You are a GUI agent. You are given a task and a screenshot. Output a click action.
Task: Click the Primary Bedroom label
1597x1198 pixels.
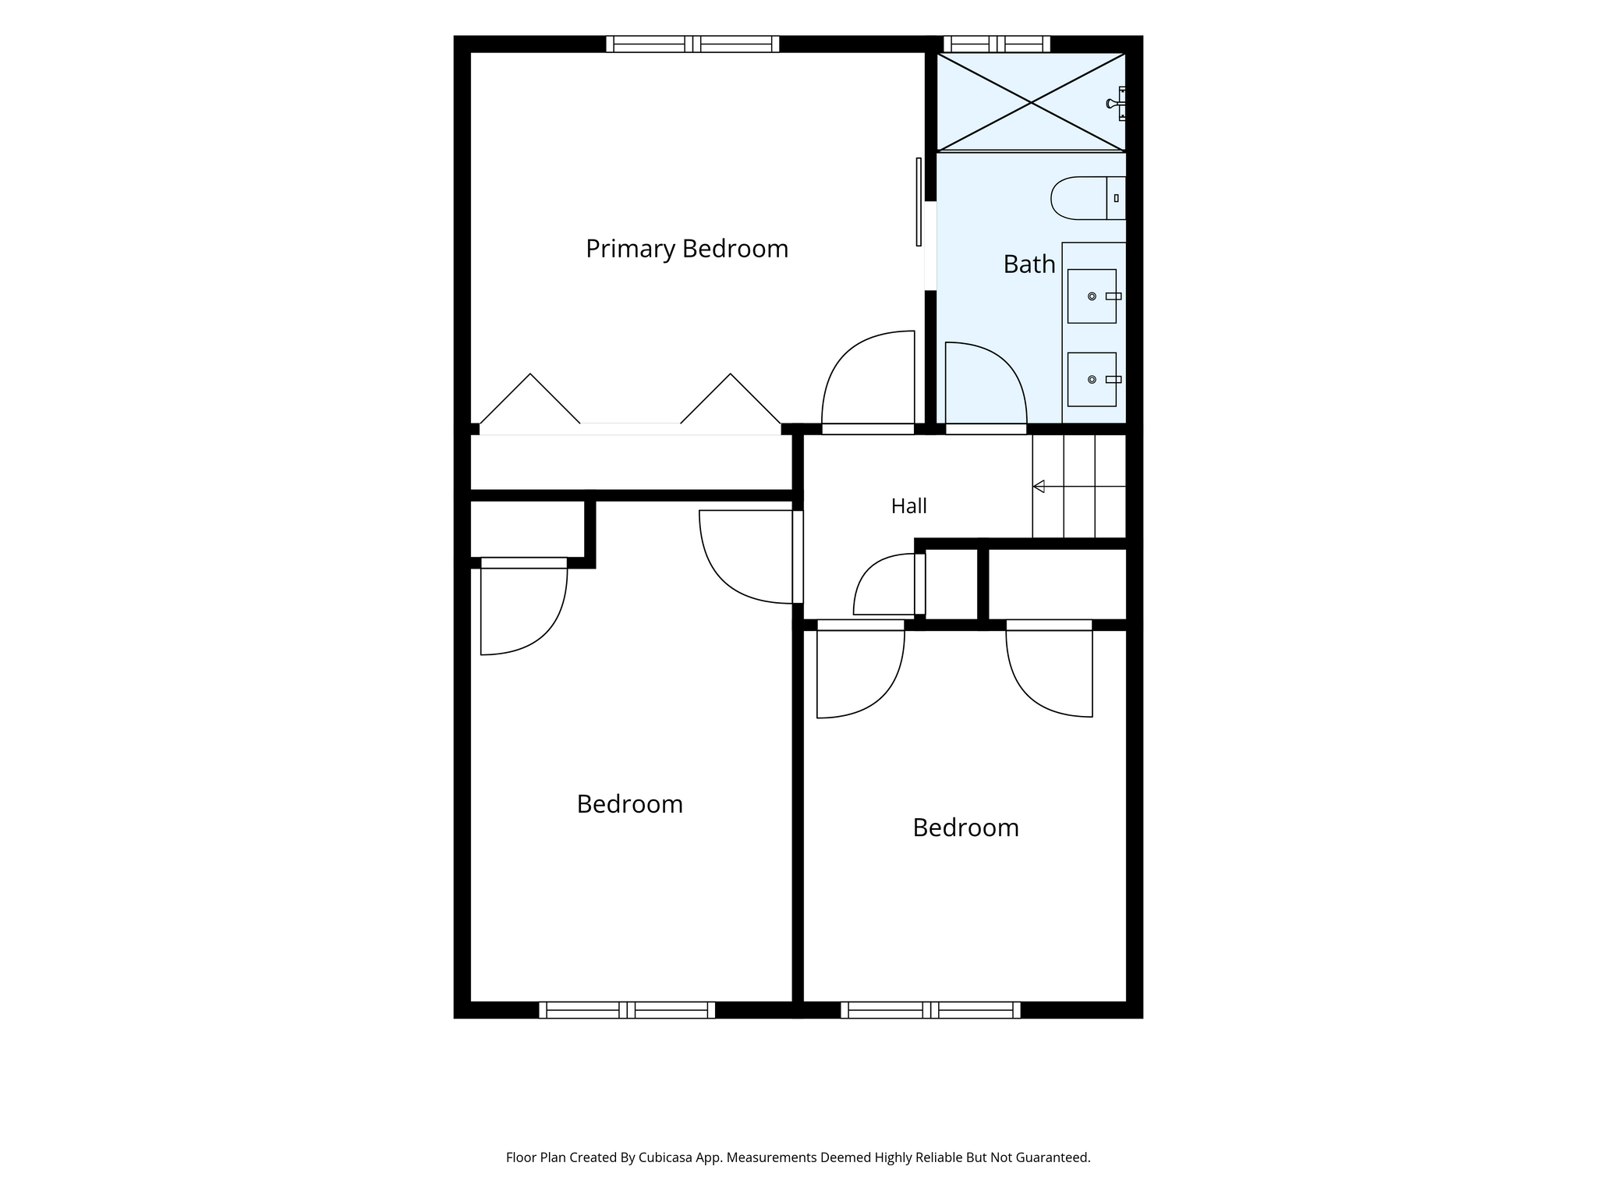coord(687,250)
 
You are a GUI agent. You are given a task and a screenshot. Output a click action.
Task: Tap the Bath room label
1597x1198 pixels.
coord(1029,264)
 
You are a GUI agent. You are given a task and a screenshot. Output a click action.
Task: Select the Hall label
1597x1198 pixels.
coord(909,506)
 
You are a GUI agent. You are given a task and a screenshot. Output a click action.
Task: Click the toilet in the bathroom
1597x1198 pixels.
coord(1089,198)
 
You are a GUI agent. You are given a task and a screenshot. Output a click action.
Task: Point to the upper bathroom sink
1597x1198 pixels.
coord(1092,296)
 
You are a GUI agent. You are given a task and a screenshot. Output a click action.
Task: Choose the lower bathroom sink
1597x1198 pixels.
coord(1092,380)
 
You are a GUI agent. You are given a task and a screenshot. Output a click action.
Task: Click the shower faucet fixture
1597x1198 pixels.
coord(1117,103)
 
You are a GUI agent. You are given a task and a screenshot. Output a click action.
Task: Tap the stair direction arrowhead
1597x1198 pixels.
coord(1039,487)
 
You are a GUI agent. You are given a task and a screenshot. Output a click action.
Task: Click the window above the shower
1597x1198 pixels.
coord(996,44)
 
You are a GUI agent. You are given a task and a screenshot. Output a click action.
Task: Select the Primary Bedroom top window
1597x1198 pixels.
coord(692,44)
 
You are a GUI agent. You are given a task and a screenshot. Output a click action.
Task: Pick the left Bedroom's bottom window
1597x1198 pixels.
coord(627,1010)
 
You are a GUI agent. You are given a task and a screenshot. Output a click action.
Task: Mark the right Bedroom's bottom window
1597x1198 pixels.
coord(930,1010)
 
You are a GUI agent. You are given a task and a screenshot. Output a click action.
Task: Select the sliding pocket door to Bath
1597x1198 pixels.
coord(919,202)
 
